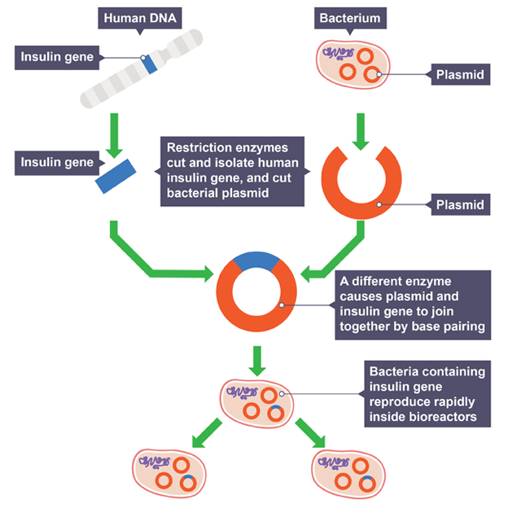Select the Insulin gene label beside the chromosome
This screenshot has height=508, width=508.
[x=61, y=57]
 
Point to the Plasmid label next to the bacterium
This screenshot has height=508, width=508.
[x=460, y=75]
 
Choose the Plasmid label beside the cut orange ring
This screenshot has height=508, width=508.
[x=460, y=204]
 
